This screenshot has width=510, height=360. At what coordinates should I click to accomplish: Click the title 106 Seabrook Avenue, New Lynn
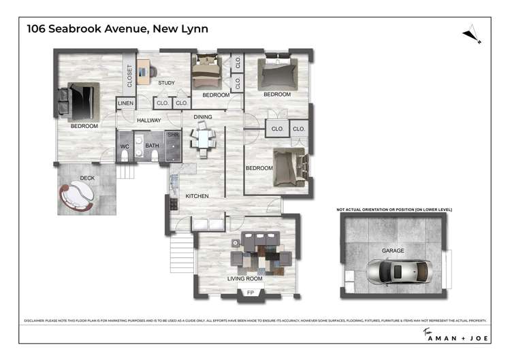tap(117, 29)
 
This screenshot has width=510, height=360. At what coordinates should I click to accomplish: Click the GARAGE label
tap(393, 250)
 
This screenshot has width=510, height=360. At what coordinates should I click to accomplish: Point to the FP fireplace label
tap(250, 293)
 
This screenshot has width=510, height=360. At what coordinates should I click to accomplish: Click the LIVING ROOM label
tap(244, 278)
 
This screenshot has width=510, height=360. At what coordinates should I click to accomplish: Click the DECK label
tap(87, 178)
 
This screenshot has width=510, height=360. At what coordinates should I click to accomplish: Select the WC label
tap(125, 146)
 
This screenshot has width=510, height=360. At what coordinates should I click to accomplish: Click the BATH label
tap(152, 146)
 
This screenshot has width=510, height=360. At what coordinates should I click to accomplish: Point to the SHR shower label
tap(172, 135)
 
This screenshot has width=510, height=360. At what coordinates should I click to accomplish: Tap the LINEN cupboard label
tap(125, 103)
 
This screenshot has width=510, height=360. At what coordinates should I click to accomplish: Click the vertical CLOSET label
tap(129, 76)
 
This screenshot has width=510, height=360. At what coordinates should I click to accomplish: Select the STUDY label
tap(166, 83)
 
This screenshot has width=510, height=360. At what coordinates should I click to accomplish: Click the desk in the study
tap(144, 69)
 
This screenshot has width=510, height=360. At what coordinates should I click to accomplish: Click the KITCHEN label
tap(196, 196)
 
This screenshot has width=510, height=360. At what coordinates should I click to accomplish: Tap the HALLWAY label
tap(148, 120)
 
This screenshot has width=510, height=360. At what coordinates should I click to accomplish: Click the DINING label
tap(203, 117)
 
